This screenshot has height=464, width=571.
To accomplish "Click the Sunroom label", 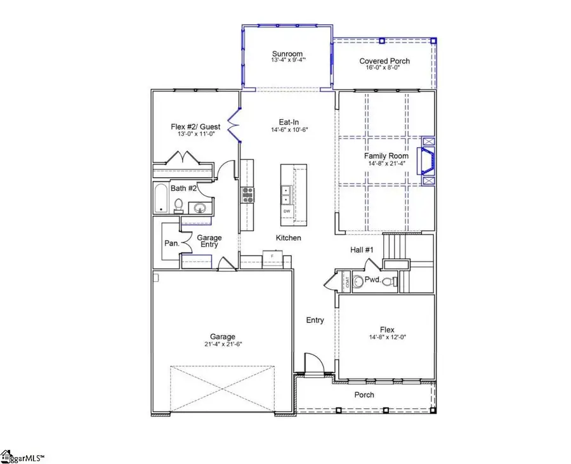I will (x=287, y=54).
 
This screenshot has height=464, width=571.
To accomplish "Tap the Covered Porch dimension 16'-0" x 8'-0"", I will (x=384, y=69).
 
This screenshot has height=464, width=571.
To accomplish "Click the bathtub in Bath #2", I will (x=161, y=198).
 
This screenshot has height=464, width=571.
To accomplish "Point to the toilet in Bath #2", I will (x=179, y=205).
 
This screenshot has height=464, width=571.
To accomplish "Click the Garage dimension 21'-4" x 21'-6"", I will (x=223, y=344).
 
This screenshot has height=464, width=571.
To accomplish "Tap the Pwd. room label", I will (x=372, y=279).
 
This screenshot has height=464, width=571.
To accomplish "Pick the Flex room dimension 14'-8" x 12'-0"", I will (x=387, y=337).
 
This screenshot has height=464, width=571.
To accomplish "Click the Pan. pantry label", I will (x=170, y=243).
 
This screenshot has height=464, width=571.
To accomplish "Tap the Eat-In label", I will (x=289, y=121).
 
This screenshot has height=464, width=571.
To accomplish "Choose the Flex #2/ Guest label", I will (x=195, y=127).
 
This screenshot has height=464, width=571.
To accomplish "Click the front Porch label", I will (x=364, y=395).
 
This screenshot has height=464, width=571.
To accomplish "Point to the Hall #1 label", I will (x=362, y=249).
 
